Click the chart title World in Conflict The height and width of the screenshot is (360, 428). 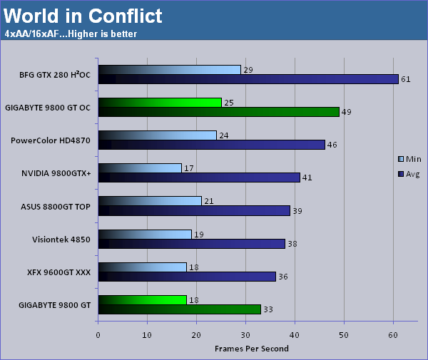coord(83,16)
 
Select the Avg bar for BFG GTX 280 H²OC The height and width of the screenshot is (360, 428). coord(248,79)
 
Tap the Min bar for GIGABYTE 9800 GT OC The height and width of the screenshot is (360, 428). coord(160,103)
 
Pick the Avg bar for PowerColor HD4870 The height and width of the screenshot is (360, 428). coord(212,145)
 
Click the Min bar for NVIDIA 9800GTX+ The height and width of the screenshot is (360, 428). coord(140,168)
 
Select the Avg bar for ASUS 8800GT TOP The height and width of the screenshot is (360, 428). coord(194,211)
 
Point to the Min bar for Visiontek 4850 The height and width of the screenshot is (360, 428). coord(145,235)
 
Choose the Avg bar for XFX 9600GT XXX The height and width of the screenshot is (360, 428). coord(187,277)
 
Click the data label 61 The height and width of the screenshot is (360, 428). coord(406,79)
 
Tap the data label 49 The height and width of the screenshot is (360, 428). coord(347,112)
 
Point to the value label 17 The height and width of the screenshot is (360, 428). coord(188,168)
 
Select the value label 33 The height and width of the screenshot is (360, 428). coord(268,309)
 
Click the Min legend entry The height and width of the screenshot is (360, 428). coord(409,159)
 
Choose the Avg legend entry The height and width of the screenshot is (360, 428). coord(409,174)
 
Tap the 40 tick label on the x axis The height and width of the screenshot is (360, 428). coord(295,335)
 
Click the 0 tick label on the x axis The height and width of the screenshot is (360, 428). coord(98,335)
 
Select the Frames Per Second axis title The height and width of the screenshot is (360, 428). coord(252,349)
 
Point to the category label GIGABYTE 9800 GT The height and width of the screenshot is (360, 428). coord(55,305)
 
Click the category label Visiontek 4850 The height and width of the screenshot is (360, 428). coord(61,240)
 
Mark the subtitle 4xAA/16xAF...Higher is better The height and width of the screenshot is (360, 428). coord(71,34)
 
